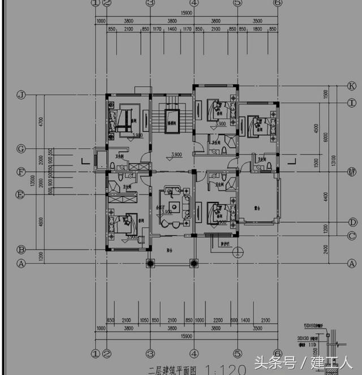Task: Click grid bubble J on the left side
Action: [x=21, y=95]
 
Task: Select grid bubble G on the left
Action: [x=21, y=149]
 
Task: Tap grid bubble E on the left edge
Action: [x=21, y=195]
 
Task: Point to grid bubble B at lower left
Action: [x=21, y=249]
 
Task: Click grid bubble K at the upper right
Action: [x=352, y=86]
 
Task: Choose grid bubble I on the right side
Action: [x=352, y=103]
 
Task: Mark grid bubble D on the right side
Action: [x=352, y=222]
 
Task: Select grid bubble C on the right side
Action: [x=352, y=236]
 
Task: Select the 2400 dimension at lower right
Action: [x=325, y=249]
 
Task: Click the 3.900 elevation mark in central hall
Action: [x=176, y=154]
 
